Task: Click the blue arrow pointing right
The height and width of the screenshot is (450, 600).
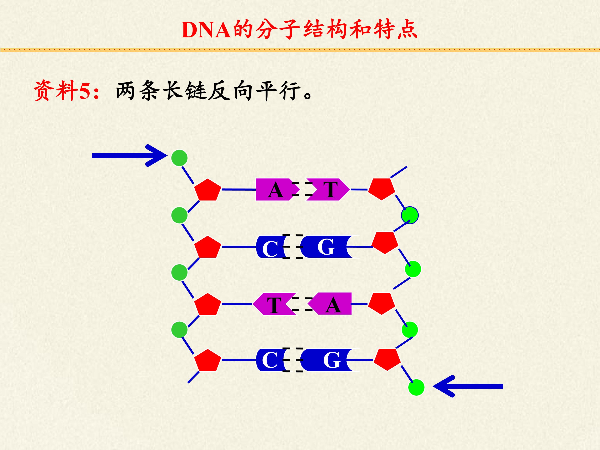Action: [130, 155]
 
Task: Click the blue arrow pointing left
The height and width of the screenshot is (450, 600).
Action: [468, 386]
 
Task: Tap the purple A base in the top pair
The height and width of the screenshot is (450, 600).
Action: [274, 190]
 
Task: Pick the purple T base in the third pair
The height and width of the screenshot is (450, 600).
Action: [274, 304]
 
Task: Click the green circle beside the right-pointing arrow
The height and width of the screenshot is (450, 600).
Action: [179, 158]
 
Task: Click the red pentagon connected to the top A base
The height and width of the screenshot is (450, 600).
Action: [208, 190]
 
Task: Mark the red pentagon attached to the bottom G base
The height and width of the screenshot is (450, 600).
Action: [387, 359]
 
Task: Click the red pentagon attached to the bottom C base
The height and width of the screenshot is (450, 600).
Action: [208, 360]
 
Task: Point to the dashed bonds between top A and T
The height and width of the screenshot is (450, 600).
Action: [302, 189]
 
